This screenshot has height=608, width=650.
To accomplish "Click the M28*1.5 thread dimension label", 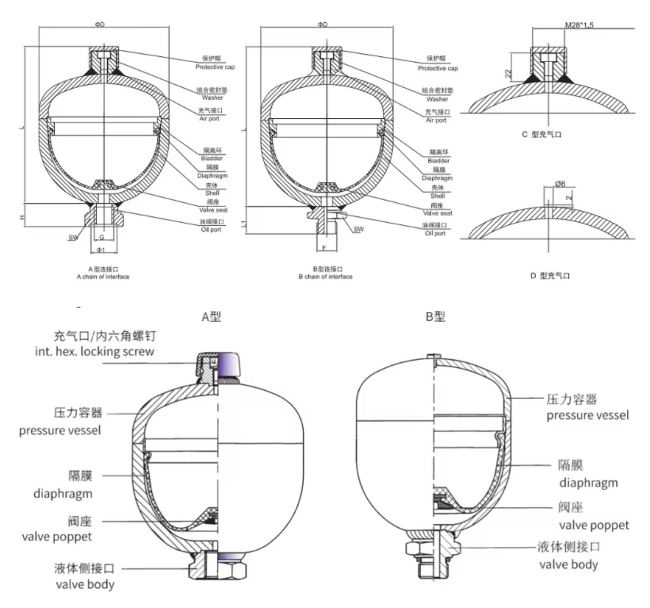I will (579, 25).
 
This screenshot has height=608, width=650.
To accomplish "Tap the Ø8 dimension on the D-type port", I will (560, 184).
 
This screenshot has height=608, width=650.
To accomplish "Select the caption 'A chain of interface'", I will (103, 277).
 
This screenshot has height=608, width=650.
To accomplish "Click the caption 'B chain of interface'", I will (325, 277).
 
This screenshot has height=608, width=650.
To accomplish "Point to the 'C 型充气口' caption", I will (541, 135).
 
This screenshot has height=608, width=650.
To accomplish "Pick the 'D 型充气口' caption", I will (550, 276).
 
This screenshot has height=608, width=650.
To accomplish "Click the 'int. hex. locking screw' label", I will (94, 351).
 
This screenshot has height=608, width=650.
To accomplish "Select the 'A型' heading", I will (211, 317).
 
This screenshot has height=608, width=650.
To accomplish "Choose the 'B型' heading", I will (435, 317).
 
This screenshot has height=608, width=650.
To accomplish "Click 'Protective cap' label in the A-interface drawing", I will (215, 67).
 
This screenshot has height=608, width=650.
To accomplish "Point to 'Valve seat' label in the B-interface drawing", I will (437, 213).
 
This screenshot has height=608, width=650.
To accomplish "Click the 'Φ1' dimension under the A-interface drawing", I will (101, 250).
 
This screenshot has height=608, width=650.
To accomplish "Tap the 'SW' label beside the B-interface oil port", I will (359, 229).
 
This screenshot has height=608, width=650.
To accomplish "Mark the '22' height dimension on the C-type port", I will (508, 73).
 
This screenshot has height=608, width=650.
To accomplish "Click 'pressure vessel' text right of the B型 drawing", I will (588, 415).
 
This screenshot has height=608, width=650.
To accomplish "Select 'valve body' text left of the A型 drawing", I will (85, 584).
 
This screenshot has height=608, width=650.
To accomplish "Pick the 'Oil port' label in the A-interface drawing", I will (211, 230).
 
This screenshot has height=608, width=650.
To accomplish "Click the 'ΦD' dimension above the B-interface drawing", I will (323, 25).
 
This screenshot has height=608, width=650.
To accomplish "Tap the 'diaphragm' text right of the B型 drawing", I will (588, 483).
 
